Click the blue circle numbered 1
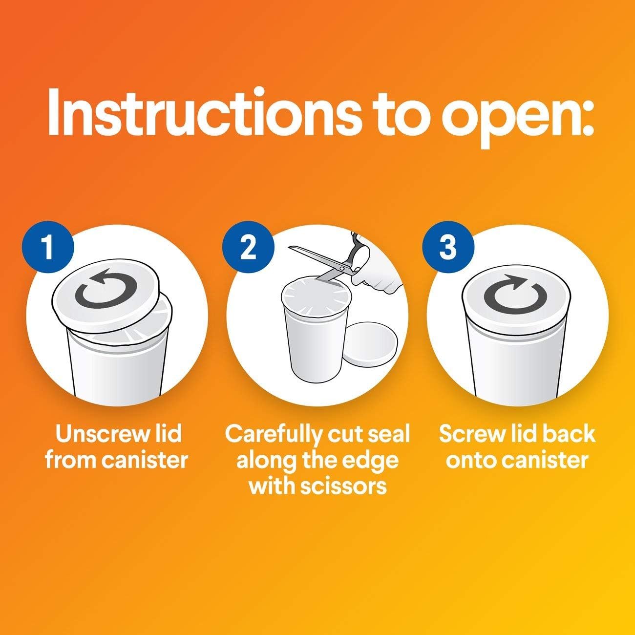(x=48, y=247)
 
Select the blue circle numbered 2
(x=248, y=247)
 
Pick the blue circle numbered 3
(x=448, y=247)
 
